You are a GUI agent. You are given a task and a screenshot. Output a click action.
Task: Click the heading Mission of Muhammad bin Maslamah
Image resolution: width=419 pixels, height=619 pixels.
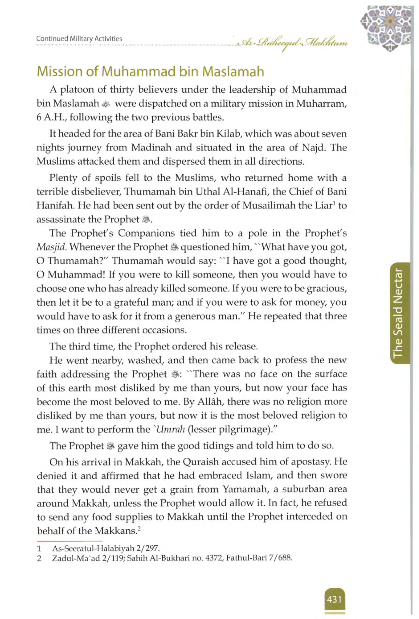pos(151,72)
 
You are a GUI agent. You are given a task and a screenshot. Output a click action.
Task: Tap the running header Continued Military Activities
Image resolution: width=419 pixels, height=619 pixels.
pos(79,39)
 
